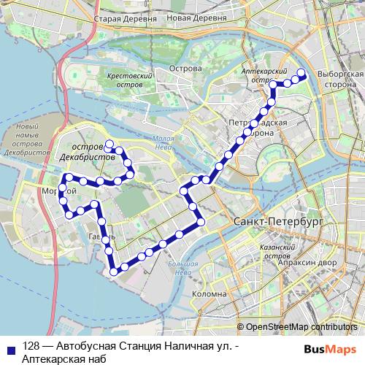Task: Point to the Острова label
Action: coord(185,69)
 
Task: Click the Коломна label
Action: coord(209,293)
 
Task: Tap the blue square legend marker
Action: coord(10,347)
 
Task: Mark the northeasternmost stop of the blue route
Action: coord(299,72)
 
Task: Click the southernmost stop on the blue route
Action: coord(113,272)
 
